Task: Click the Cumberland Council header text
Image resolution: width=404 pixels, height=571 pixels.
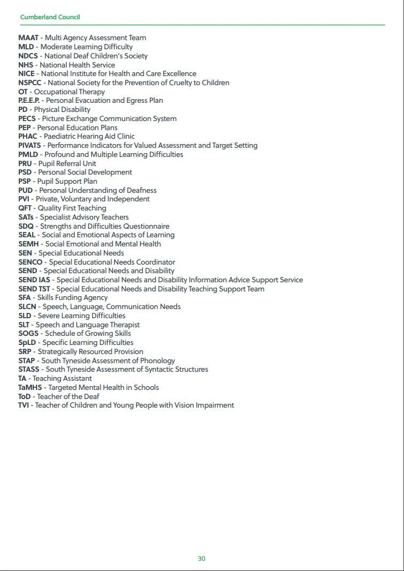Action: tap(50, 17)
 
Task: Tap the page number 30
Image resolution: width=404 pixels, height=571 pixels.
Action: tap(201, 559)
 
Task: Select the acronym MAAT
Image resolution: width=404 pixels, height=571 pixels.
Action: tap(28, 38)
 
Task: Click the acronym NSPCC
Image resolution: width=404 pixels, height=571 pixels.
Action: tap(29, 83)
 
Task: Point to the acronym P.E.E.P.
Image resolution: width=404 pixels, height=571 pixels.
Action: tap(29, 101)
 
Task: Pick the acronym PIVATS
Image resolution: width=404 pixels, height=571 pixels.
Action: tap(29, 146)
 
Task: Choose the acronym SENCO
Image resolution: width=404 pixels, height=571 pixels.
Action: tap(30, 262)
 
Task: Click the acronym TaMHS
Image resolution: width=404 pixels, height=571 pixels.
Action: tap(30, 388)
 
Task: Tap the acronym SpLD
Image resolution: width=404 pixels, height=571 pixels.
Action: tap(27, 343)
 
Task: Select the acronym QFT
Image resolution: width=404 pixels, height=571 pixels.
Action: tap(25, 208)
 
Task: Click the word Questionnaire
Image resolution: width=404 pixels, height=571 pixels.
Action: tap(146, 227)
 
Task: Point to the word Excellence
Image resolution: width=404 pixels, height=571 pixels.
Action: tap(177, 74)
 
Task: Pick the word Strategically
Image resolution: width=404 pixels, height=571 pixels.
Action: tap(60, 352)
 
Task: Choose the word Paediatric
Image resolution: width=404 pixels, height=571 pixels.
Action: tap(61, 137)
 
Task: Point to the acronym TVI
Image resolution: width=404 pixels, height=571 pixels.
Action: tap(24, 405)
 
